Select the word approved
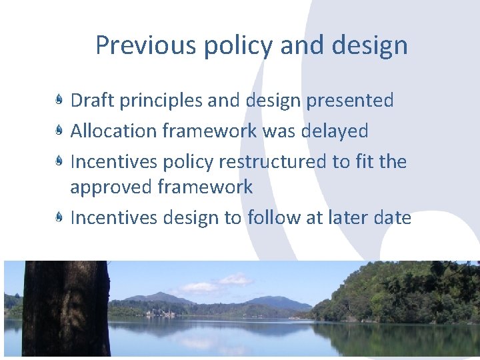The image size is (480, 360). (x=111, y=187)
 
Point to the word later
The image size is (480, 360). (x=347, y=217)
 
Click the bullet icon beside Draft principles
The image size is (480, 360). (x=59, y=101)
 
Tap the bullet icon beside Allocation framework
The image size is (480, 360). (x=59, y=131)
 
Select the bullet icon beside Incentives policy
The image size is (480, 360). (x=59, y=162)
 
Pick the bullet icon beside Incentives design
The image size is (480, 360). (x=59, y=217)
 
